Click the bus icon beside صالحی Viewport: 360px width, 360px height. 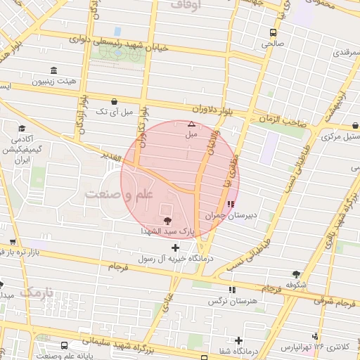pyautogui.click(x=273, y=32)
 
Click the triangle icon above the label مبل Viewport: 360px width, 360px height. pyautogui.click(x=191, y=124)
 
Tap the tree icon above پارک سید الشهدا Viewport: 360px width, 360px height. pyautogui.click(x=167, y=221)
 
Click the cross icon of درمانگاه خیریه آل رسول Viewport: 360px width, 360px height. pyautogui.click(x=175, y=247)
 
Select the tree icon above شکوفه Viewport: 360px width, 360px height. pyautogui.click(x=297, y=274)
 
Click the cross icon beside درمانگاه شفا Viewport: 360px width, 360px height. pyautogui.click(x=239, y=340)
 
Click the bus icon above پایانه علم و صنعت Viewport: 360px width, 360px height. pyautogui.click(x=65, y=346)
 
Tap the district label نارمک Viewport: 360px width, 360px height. pyautogui.click(x=37, y=291)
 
